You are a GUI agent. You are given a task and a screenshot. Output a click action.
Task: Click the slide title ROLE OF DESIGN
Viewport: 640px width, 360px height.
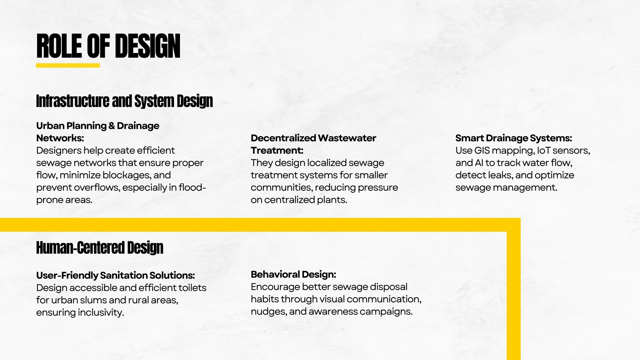(x=108, y=46)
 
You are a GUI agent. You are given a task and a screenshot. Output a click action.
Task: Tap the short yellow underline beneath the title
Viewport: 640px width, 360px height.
(x=68, y=65)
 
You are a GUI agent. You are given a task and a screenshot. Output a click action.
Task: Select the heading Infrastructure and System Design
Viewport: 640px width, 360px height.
(x=124, y=101)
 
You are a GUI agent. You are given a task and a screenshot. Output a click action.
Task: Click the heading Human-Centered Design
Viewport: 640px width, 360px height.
(x=100, y=248)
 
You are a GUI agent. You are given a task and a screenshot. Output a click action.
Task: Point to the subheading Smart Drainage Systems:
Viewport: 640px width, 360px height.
(x=514, y=138)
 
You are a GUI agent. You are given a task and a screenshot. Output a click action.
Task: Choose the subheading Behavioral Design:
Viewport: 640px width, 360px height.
(x=293, y=274)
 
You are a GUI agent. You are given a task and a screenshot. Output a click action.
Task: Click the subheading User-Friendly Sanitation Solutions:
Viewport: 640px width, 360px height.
(x=116, y=275)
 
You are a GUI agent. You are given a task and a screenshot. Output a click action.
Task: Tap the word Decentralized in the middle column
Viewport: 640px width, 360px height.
(x=283, y=138)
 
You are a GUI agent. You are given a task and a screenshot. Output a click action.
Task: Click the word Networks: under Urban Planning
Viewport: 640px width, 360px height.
(x=60, y=138)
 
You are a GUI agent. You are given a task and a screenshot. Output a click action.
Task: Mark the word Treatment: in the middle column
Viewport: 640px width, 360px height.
(x=277, y=151)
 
